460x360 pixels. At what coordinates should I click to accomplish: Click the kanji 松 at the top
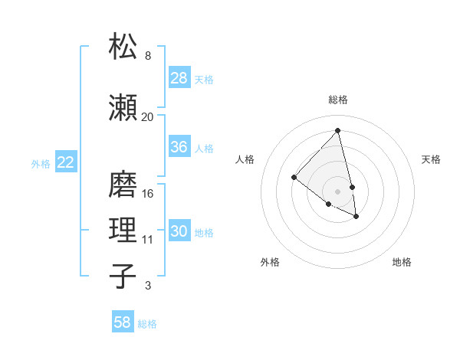tap(123, 47)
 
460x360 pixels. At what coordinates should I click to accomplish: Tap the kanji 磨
tap(123, 184)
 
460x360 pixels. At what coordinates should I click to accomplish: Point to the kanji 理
tap(123, 230)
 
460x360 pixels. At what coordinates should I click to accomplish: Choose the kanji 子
tap(123, 276)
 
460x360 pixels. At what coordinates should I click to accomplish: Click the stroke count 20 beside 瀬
tap(147, 117)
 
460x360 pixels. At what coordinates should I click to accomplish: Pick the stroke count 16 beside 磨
tap(149, 194)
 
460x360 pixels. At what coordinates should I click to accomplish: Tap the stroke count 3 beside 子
tap(148, 286)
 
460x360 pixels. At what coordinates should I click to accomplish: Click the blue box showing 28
tap(179, 78)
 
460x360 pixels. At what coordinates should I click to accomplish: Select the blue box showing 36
tap(179, 147)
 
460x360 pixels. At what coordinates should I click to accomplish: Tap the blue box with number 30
tap(179, 231)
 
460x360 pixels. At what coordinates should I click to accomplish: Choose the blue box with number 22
tap(66, 162)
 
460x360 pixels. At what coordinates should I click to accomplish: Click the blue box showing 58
tap(123, 322)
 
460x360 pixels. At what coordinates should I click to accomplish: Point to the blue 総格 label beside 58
tap(147, 324)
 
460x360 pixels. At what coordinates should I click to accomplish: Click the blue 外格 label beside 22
tap(41, 163)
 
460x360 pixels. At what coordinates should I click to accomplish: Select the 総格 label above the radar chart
tap(337, 100)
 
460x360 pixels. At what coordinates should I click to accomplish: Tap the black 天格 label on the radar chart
tap(431, 159)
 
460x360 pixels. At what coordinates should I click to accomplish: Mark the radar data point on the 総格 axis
tap(337, 131)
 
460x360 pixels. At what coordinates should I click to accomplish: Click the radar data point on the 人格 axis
tap(294, 178)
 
